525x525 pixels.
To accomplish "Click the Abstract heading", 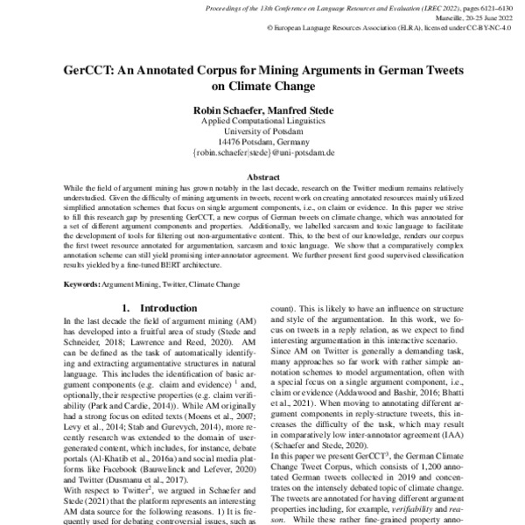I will coord(262,177).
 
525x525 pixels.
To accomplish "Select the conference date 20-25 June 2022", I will coord(484,17).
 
